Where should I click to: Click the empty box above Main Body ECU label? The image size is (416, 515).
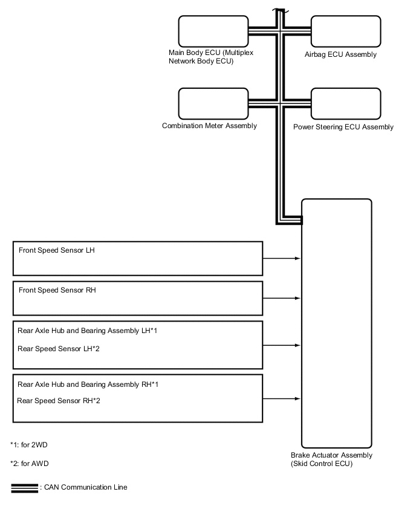click(213, 31)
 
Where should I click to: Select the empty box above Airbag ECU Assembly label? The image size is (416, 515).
click(346, 31)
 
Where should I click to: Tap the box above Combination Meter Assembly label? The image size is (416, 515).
click(213, 103)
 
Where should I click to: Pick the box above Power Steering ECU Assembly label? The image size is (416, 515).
click(346, 103)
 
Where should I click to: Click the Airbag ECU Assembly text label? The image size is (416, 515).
click(341, 55)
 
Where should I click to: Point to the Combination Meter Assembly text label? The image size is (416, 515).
click(209, 126)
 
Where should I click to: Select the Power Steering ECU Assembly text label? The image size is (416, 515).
click(343, 128)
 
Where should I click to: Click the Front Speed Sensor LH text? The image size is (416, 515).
click(56, 250)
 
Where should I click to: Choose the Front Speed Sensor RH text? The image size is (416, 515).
click(57, 290)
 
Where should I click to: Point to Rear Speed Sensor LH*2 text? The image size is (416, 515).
click(58, 349)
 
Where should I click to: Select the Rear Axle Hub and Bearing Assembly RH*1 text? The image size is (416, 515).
click(88, 384)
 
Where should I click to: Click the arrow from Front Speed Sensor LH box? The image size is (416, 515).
click(282, 258)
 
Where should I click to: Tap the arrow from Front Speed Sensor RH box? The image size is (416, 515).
click(282, 298)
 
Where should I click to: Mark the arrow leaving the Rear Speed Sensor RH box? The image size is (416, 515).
click(282, 398)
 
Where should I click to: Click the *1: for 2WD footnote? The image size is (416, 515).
click(29, 445)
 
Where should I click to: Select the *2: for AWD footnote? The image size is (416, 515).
click(29, 464)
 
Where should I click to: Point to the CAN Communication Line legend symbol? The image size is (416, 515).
click(24, 488)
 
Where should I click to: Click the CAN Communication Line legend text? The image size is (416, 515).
click(84, 487)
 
